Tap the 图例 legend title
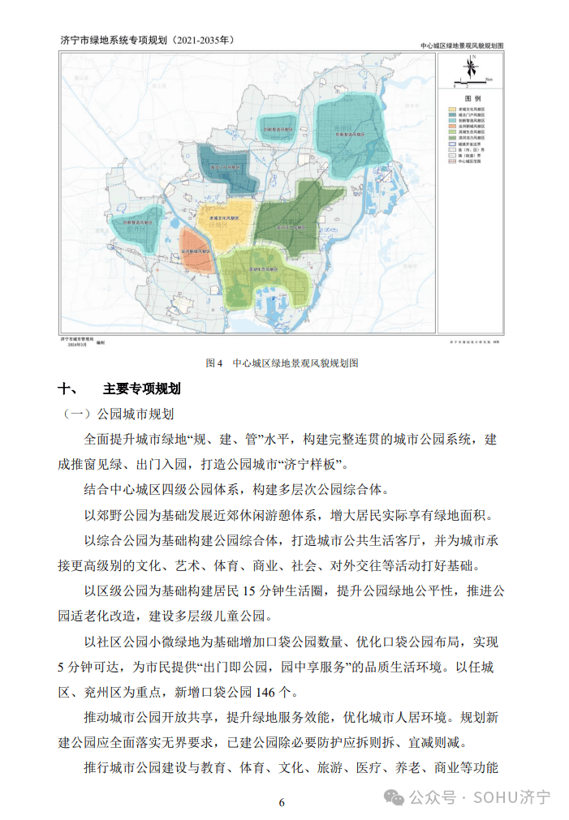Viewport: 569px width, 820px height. pos(472,97)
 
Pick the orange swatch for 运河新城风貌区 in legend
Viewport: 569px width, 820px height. pos(453,127)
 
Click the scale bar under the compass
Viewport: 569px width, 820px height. pos(472,82)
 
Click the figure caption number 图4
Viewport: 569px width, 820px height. pos(214,363)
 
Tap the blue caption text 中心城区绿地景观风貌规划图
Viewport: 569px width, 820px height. pos(295,363)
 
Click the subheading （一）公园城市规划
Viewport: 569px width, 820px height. pos(119,414)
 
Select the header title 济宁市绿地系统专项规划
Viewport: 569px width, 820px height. pos(114,39)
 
